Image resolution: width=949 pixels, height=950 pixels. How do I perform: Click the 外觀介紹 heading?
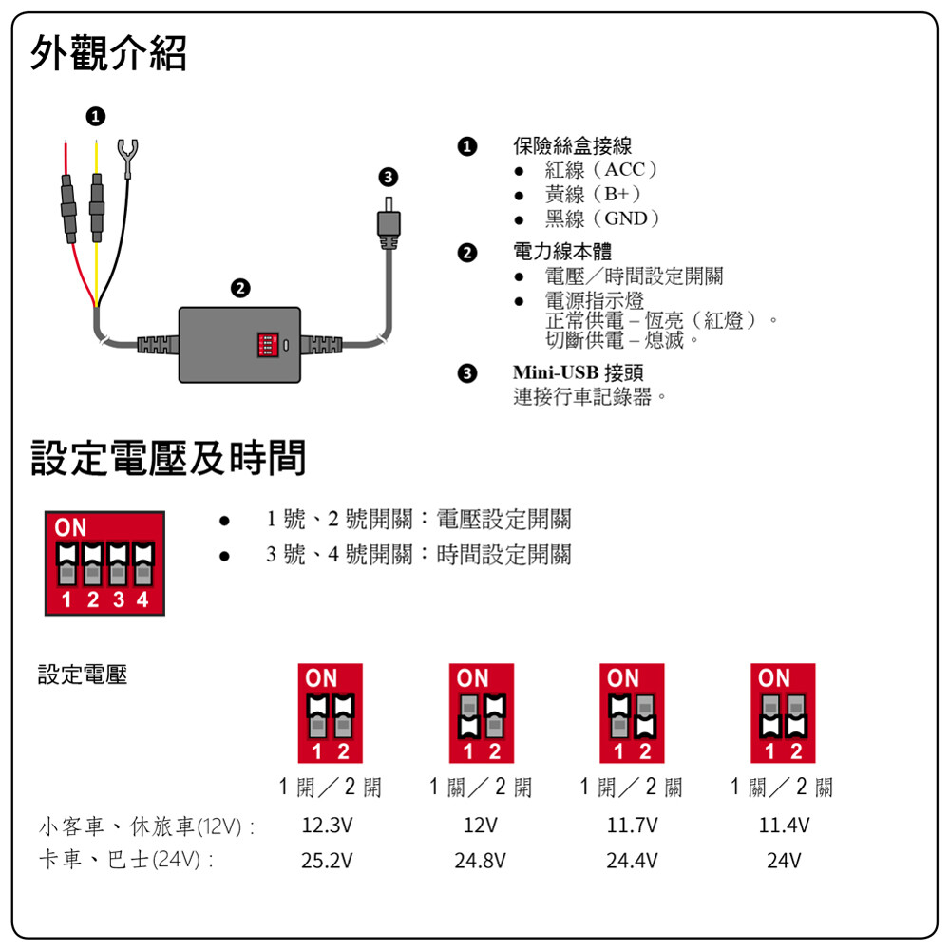pos(108,53)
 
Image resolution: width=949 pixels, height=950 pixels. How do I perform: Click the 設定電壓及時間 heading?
pos(168,458)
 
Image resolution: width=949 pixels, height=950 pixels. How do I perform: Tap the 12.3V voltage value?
pos(327,826)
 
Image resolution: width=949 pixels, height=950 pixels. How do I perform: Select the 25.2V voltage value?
pos(327,861)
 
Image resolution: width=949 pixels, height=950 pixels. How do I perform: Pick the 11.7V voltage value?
pos(632,826)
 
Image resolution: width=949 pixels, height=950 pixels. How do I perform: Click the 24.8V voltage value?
pos(480,861)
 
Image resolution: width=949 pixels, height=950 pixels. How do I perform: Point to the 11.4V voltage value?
pos(784,826)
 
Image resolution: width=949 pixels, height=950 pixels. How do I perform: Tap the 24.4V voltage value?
pos(632,861)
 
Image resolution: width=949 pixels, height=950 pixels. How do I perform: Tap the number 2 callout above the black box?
pos(241,287)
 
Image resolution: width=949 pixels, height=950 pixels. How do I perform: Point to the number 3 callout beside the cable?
pos(388,177)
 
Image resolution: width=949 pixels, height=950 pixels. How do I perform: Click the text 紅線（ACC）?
pos(601,170)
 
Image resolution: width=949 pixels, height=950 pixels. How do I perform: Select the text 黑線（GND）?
pos(602,218)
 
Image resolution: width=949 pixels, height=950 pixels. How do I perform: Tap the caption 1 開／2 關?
pos(632,788)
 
